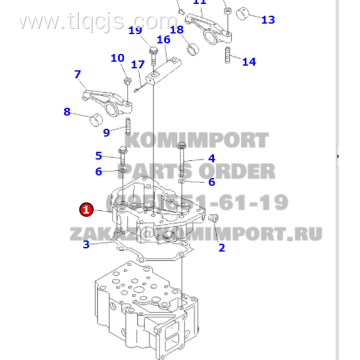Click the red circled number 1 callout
(86, 210)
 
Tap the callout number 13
(267, 19)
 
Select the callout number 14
(249, 62)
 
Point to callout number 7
(77, 74)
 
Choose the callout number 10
(118, 58)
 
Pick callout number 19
(134, 31)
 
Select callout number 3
(86, 243)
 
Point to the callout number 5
(98, 155)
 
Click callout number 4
(211, 158)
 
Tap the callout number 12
(199, 3)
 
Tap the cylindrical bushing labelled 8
(99, 122)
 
